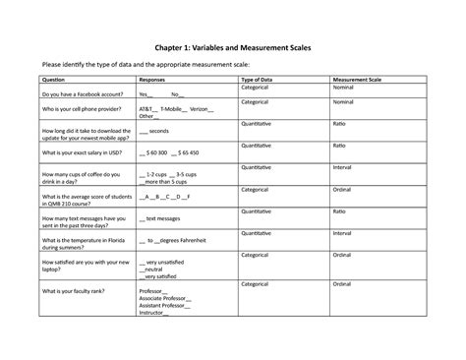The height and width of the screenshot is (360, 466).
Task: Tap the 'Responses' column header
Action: coord(152,79)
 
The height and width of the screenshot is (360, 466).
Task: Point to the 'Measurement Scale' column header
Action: coord(357,79)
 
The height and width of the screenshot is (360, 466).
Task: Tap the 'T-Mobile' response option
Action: coord(176,108)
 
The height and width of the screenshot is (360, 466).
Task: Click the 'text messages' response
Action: coord(167,217)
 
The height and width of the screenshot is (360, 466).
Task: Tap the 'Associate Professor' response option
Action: coord(166,298)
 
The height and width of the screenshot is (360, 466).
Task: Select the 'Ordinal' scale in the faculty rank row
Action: coord(343,283)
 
